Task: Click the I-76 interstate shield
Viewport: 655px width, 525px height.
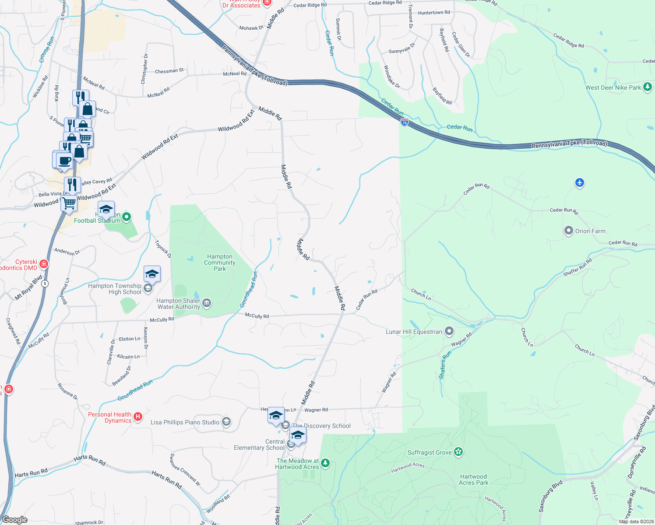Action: click(x=405, y=122)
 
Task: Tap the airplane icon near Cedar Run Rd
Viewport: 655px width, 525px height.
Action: click(x=580, y=182)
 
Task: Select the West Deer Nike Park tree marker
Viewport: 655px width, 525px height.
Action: click(x=648, y=87)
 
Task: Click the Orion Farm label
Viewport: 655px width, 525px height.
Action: click(x=590, y=231)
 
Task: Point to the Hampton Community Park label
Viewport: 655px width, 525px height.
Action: click(x=220, y=263)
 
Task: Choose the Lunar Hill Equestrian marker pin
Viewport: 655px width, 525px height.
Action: click(x=449, y=331)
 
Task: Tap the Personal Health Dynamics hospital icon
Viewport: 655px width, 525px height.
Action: click(x=138, y=416)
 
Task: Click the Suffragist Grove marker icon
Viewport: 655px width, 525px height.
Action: click(x=458, y=451)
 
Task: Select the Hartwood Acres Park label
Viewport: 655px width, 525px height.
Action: click(x=474, y=479)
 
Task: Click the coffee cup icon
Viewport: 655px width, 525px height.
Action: click(x=64, y=160)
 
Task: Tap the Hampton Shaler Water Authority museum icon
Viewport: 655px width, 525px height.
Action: click(x=207, y=302)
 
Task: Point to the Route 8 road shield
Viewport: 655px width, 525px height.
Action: click(x=45, y=283)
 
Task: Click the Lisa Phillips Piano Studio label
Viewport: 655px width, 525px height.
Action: click(x=185, y=422)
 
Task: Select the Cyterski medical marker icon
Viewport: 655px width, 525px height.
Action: click(x=44, y=263)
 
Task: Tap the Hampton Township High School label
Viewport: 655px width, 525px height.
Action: click(x=115, y=289)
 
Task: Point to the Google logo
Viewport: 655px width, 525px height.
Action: click(x=15, y=519)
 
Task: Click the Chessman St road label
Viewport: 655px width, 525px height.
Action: click(x=169, y=71)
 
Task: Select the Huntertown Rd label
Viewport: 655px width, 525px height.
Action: click(x=434, y=13)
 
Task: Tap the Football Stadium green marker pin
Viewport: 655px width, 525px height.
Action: click(x=127, y=217)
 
